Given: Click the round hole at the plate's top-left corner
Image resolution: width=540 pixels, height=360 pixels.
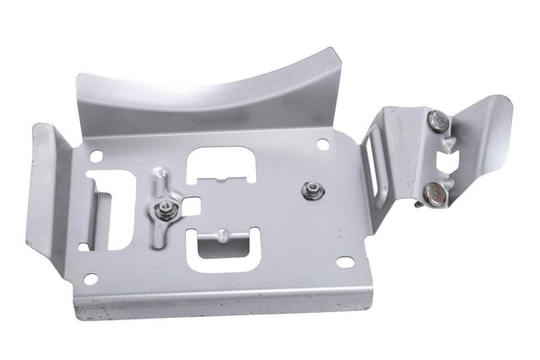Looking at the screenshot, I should pos(96,157).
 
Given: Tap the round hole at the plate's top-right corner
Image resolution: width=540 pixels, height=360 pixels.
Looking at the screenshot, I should pos(322,145).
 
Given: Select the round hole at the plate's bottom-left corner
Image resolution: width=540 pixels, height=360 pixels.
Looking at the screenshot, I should pos(90,277).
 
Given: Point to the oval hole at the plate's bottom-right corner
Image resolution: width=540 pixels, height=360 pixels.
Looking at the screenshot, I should pos(344,261).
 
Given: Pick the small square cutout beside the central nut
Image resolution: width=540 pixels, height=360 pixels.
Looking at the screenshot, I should pos(193,204).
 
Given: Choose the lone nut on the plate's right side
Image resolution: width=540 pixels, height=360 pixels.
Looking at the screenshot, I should pos(310,191).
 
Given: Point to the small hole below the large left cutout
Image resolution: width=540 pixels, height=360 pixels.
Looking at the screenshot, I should pos(83,246).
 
